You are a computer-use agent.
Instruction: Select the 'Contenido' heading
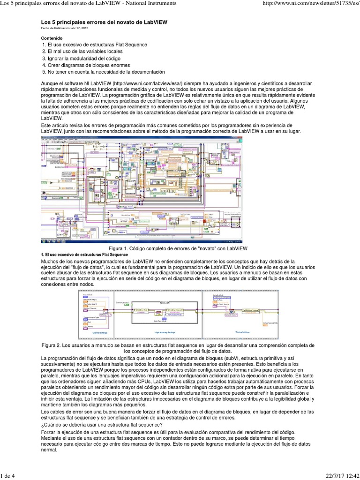pyautogui.click(x=52, y=38)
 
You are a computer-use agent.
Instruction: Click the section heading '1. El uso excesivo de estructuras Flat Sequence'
pyautogui.click(x=85, y=254)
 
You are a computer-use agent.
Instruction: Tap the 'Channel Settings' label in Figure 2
pyautogui.click(x=100, y=332)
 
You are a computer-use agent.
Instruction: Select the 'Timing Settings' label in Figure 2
pyautogui.click(x=243, y=332)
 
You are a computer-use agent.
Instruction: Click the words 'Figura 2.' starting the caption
pyautogui.click(x=54, y=345)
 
